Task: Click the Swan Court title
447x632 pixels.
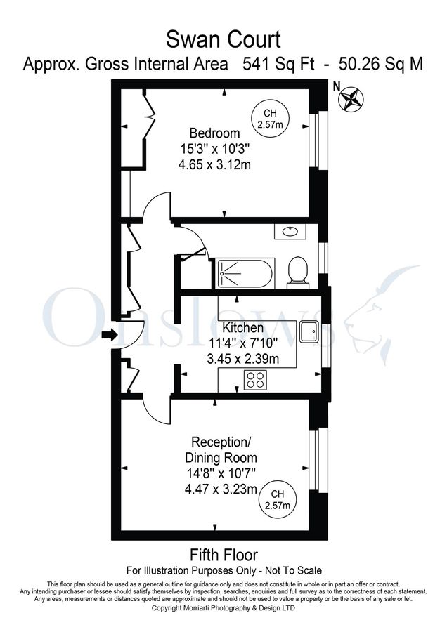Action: click(x=223, y=38)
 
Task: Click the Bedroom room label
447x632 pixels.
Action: click(x=214, y=133)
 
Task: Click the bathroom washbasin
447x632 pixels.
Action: click(x=290, y=231)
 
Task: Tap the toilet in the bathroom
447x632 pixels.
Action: click(x=298, y=271)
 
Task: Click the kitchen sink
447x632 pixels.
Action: click(x=309, y=331)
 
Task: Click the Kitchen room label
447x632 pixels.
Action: click(x=243, y=328)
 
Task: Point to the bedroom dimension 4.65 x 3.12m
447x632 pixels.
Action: click(x=214, y=165)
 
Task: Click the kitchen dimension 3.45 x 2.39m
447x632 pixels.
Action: click(x=243, y=360)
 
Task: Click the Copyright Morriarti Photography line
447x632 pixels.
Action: click(x=223, y=607)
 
